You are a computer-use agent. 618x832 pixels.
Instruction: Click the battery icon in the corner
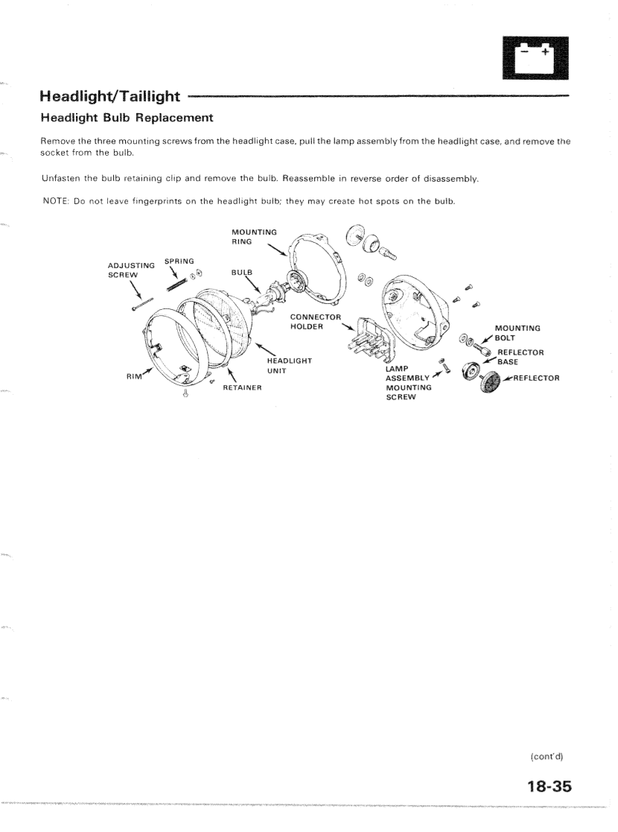535,57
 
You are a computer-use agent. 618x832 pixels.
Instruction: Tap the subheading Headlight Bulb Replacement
127,118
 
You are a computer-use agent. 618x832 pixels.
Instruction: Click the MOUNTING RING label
254,236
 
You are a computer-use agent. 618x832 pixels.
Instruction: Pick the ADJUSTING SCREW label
132,270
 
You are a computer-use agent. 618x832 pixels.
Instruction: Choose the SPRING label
179,261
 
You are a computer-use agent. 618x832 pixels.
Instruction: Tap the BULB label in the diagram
242,273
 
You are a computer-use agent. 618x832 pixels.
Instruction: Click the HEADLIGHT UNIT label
289,366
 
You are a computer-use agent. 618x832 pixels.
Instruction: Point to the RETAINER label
246,387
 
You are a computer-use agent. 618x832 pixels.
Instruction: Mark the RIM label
136,377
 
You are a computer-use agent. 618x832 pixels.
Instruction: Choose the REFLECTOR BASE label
520,357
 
